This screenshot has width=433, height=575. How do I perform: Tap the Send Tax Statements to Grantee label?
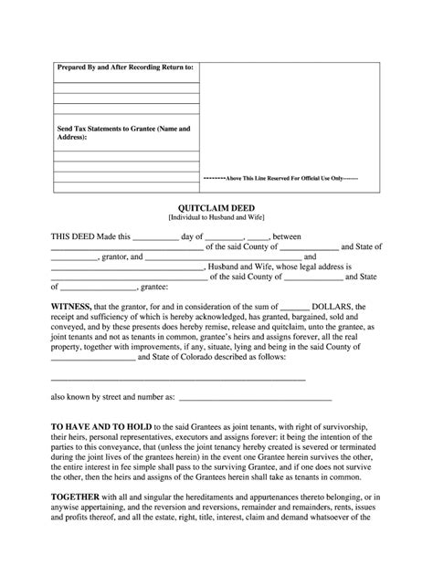[x=124, y=132]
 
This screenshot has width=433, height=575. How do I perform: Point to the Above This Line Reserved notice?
[x=280, y=178]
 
